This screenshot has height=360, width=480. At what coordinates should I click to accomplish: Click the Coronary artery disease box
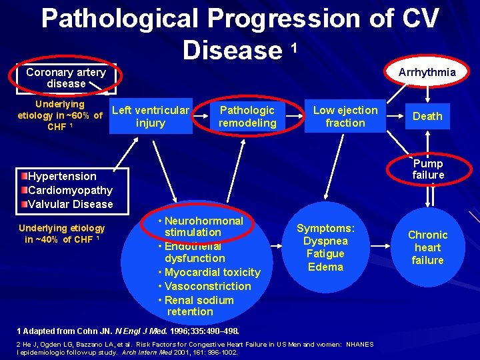tap(66, 78)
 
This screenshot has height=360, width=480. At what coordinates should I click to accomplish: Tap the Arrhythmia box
tap(427, 72)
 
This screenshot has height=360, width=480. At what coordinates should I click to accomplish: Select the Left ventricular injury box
tap(151, 117)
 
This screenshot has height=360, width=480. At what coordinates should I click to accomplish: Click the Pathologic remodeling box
tap(247, 117)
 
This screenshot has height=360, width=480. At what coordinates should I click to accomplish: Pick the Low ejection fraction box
tap(345, 117)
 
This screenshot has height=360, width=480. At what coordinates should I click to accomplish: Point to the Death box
tap(427, 116)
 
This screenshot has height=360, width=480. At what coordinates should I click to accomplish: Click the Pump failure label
tap(427, 169)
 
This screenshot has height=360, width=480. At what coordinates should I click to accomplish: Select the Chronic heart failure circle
tap(427, 247)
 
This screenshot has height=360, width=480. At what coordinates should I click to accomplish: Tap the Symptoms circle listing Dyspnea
tap(325, 247)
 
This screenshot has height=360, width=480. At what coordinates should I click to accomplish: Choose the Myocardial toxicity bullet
tap(209, 272)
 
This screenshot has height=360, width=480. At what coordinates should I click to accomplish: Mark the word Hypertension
tap(62, 176)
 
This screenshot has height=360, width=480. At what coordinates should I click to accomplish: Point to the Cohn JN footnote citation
tap(128, 331)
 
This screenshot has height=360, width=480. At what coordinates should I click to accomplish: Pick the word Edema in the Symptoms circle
tap(325, 267)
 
